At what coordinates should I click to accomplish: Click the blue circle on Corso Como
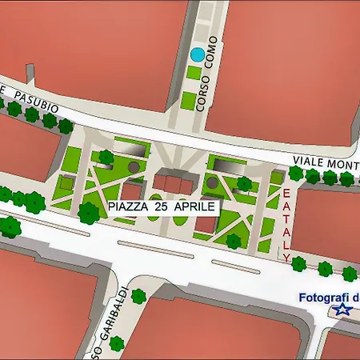tap(196, 55)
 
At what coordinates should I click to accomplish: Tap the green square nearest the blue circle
tap(193, 73)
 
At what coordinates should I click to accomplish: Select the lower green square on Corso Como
tap(187, 100)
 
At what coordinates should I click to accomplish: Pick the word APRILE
tap(194, 206)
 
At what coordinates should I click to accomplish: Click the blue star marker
tap(343, 310)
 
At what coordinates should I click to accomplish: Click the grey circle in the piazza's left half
tap(134, 166)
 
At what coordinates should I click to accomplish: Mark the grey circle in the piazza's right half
tap(212, 183)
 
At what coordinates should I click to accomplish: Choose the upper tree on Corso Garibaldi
tap(138, 297)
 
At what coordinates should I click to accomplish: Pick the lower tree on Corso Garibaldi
tap(117, 344)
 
